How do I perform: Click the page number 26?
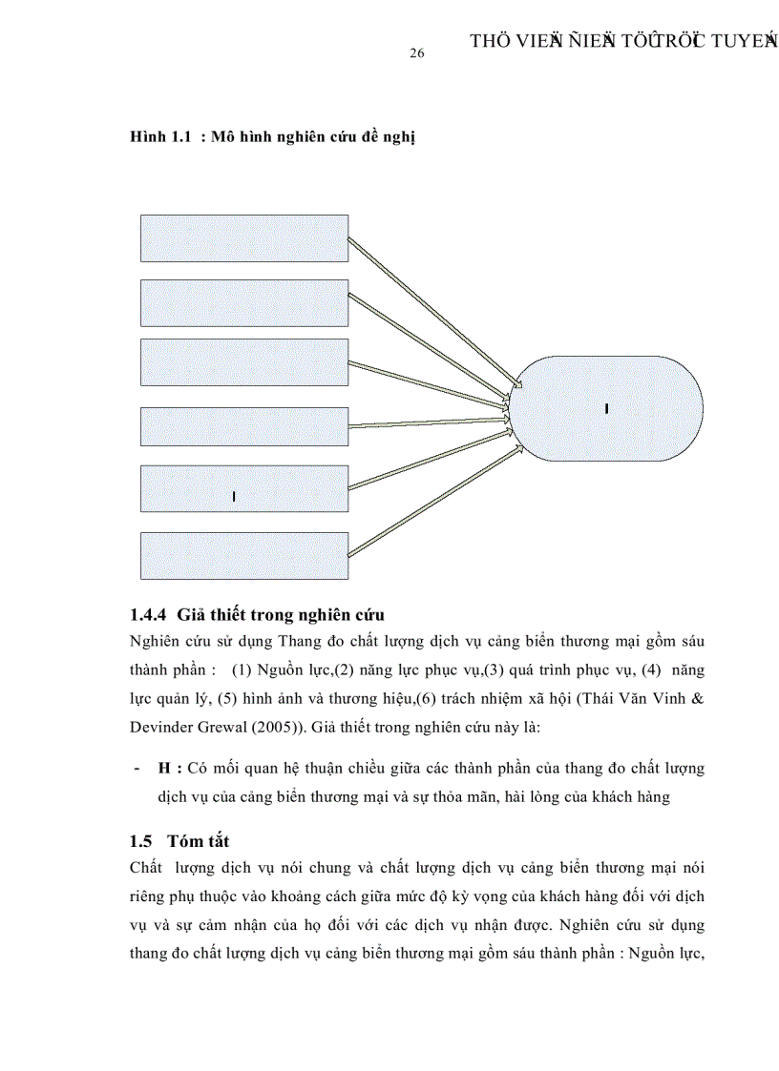pyautogui.click(x=416, y=54)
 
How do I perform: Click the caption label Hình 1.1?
pyautogui.click(x=161, y=137)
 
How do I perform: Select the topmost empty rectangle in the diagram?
pyautogui.click(x=244, y=237)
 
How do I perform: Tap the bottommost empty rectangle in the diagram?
pyautogui.click(x=244, y=556)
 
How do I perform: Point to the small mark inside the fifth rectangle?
pyautogui.click(x=234, y=496)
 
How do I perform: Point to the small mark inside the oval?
pyautogui.click(x=607, y=408)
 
